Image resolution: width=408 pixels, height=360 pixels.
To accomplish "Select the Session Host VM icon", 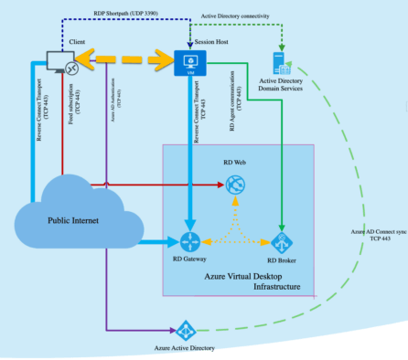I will [x=192, y=62].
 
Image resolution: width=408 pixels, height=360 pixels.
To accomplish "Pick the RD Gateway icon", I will [x=189, y=242].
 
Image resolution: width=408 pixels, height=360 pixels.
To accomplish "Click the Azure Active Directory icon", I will [x=187, y=330].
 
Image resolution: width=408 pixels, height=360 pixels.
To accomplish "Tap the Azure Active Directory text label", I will [x=188, y=349].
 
